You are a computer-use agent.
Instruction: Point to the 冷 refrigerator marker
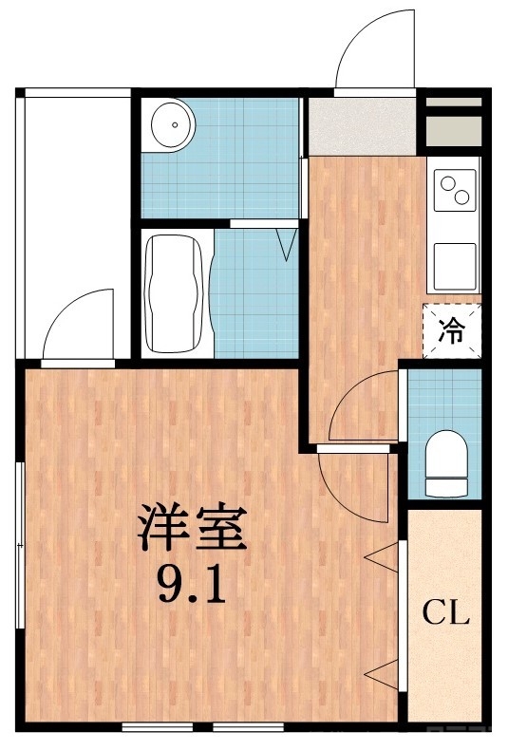(x=452, y=331)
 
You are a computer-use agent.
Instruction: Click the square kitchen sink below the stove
(x=453, y=265)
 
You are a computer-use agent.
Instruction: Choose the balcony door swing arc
(x=80, y=328)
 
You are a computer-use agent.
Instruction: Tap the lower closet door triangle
(x=382, y=676)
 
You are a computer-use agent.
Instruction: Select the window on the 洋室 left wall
(x=20, y=545)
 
